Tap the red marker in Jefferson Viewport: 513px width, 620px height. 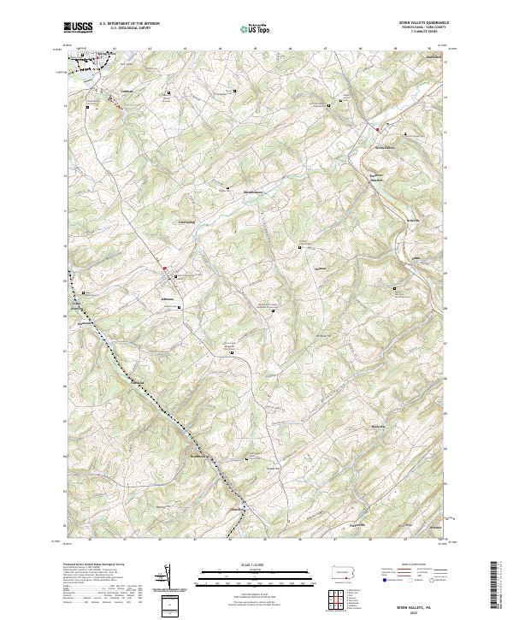click(x=166, y=269)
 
